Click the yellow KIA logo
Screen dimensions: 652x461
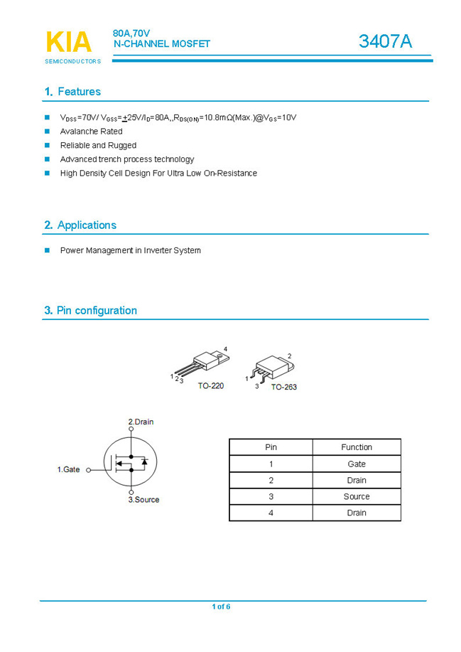pyautogui.click(x=69, y=42)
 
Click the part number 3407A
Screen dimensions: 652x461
pyautogui.click(x=385, y=42)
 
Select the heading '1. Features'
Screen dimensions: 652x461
pyautogui.click(x=72, y=92)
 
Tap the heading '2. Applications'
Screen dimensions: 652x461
pyautogui.click(x=80, y=225)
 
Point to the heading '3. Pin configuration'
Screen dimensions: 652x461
pyautogui.click(x=91, y=311)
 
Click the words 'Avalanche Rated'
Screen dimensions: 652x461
pyautogui.click(x=91, y=132)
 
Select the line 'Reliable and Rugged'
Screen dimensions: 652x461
pyautogui.click(x=98, y=146)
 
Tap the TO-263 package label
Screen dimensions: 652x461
pyautogui.click(x=283, y=388)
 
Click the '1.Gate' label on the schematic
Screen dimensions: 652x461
pyautogui.click(x=69, y=469)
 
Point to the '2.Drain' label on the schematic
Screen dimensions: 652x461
pyautogui.click(x=141, y=422)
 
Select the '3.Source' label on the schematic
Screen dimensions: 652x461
pyautogui.click(x=143, y=500)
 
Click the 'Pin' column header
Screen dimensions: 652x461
pyautogui.click(x=271, y=447)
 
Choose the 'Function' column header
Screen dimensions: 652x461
pyautogui.click(x=357, y=447)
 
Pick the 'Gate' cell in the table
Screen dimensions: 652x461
pyautogui.click(x=357, y=464)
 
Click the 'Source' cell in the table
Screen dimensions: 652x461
pyautogui.click(x=357, y=496)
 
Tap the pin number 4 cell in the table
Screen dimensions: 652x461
pyautogui.click(x=271, y=513)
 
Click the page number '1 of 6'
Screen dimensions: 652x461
pyautogui.click(x=221, y=606)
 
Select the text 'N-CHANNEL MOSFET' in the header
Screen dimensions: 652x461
pyautogui.click(x=162, y=44)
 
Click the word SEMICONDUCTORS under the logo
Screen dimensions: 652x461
pyautogui.click(x=72, y=62)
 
